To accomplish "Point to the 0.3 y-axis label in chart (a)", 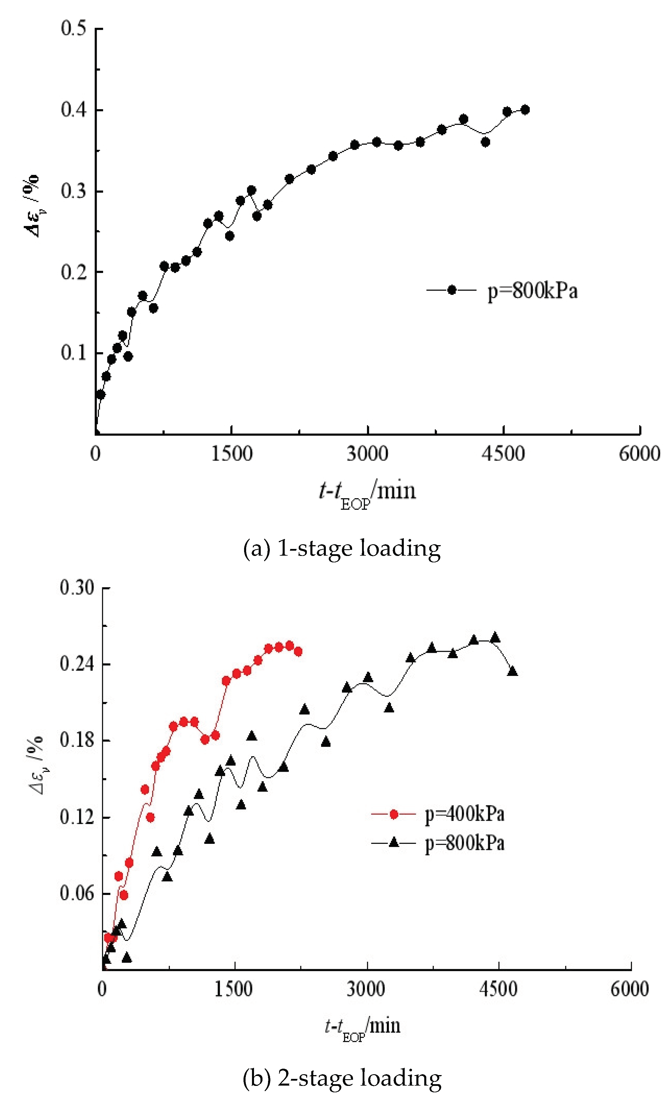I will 74,191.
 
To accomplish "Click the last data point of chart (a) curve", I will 525,110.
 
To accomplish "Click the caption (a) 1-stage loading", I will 342,548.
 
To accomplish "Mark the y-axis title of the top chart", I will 31,206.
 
